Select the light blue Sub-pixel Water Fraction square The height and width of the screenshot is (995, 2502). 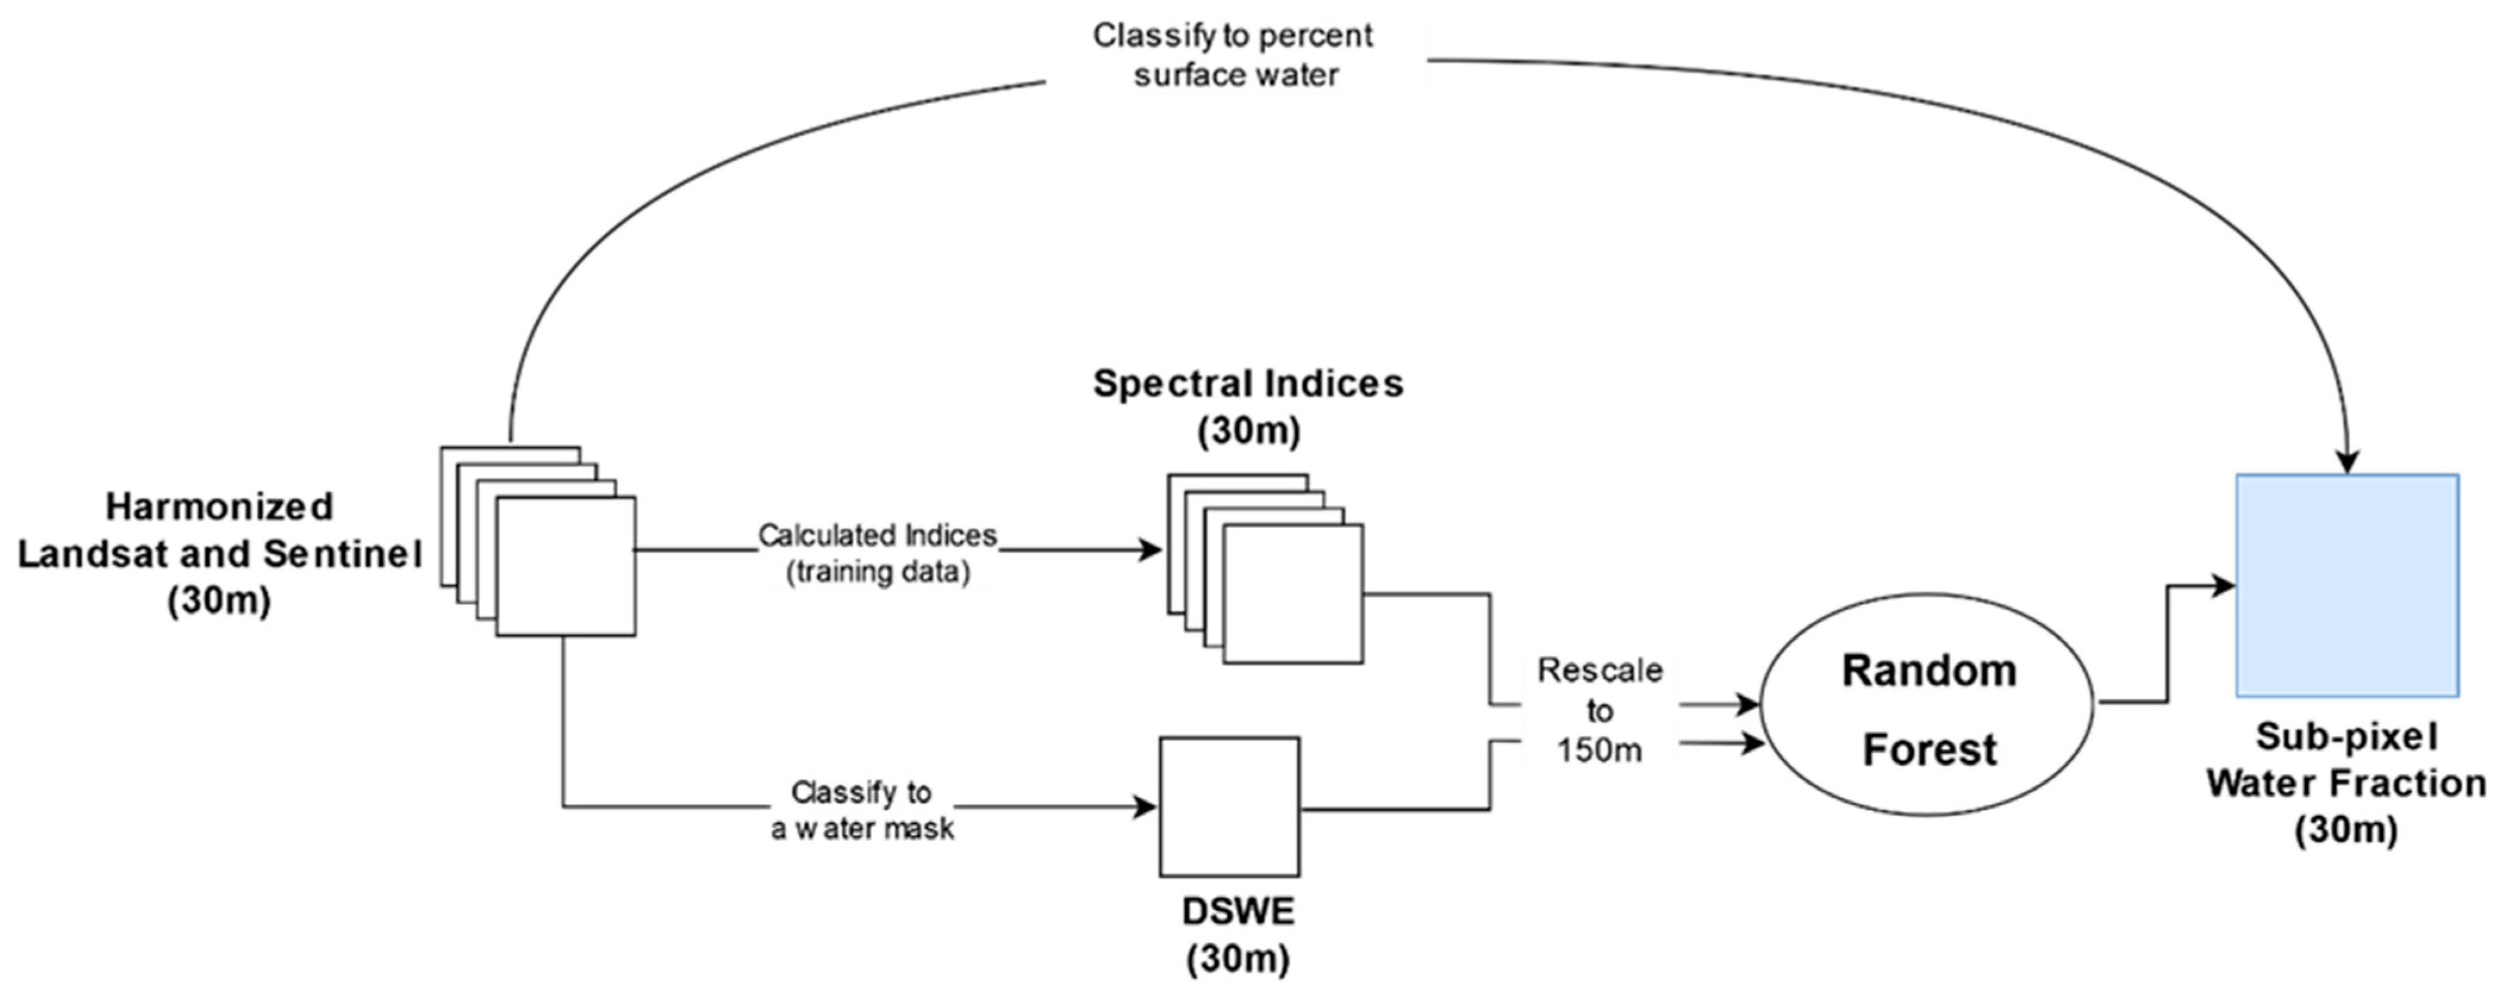[2347, 586]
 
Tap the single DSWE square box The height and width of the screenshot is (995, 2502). [1229, 806]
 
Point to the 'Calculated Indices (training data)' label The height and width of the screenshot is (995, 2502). [877, 553]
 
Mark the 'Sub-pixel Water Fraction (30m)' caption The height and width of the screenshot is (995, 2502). [2345, 783]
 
